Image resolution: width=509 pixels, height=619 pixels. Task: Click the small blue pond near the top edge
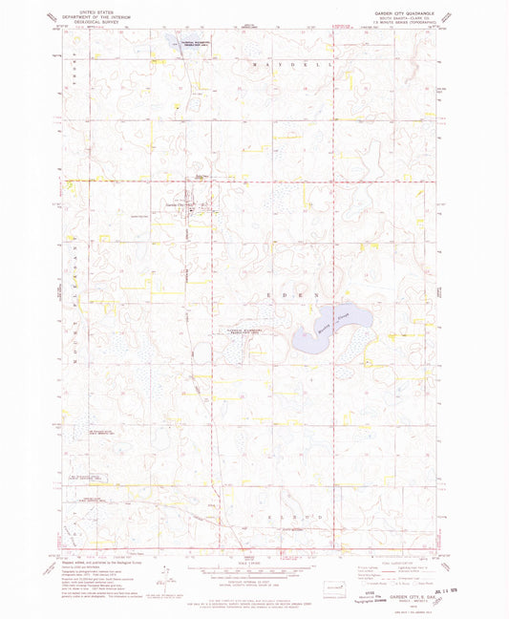(x=180, y=41)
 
